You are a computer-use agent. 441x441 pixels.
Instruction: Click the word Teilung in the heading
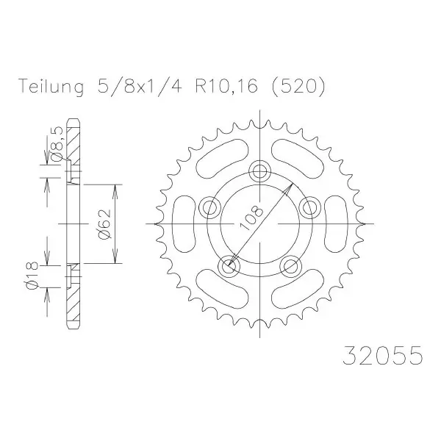pyautogui.click(x=51, y=86)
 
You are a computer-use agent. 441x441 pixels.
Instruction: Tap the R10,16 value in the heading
pyautogui.click(x=226, y=86)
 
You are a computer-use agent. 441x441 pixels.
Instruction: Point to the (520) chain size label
pyautogui.click(x=298, y=86)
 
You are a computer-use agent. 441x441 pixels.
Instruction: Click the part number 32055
pyautogui.click(x=382, y=355)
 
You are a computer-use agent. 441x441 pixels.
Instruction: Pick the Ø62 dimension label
pyautogui.click(x=104, y=224)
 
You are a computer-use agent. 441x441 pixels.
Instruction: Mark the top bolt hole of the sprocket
pyautogui.click(x=260, y=171)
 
